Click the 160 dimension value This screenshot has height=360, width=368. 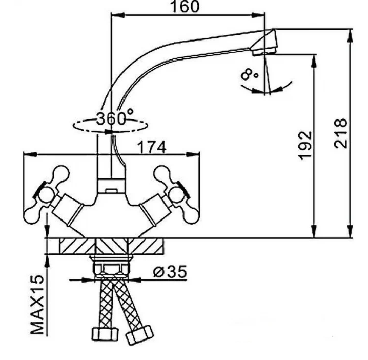185,7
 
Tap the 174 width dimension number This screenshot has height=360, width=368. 152,147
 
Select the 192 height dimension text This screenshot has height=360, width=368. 305,146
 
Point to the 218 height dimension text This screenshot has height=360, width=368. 340,133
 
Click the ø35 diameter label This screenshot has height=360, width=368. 170,272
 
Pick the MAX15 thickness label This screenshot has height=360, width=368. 37,305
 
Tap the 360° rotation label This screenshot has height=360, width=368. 115,117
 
